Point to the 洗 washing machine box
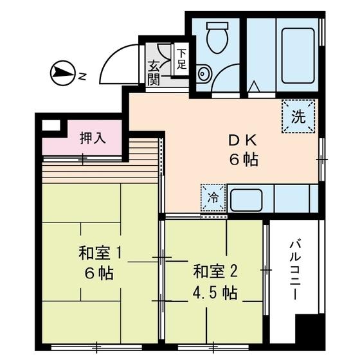click(x=298, y=117)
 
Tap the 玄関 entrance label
click(x=155, y=72)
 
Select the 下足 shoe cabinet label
click(x=181, y=59)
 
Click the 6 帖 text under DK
click(x=242, y=160)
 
